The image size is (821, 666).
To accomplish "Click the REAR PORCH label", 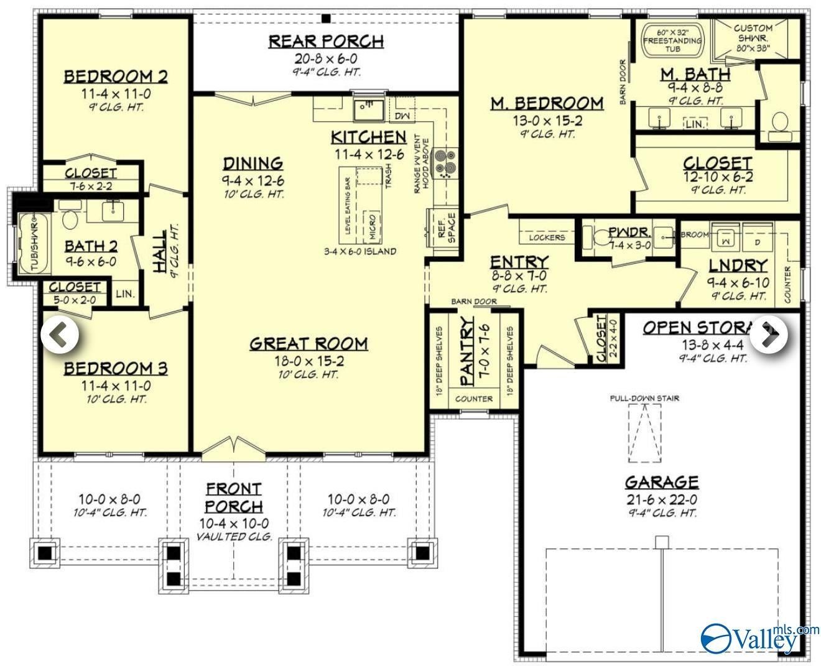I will point(326,42).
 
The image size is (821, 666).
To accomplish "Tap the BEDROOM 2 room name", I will point(116,76).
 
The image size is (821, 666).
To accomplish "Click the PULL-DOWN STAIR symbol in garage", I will point(644,433).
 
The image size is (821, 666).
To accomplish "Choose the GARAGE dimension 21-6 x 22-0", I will point(661,499).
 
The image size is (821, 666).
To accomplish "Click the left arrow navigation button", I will point(60,335).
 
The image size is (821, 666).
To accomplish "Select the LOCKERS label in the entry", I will point(547,238).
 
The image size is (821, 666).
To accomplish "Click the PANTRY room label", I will point(467,352).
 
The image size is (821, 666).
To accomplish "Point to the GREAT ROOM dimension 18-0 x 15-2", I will point(309,361).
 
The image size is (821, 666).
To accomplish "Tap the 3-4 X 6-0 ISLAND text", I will point(359,252).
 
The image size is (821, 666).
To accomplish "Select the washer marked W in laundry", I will point(726,237).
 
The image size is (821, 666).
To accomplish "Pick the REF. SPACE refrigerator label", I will point(447,228).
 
